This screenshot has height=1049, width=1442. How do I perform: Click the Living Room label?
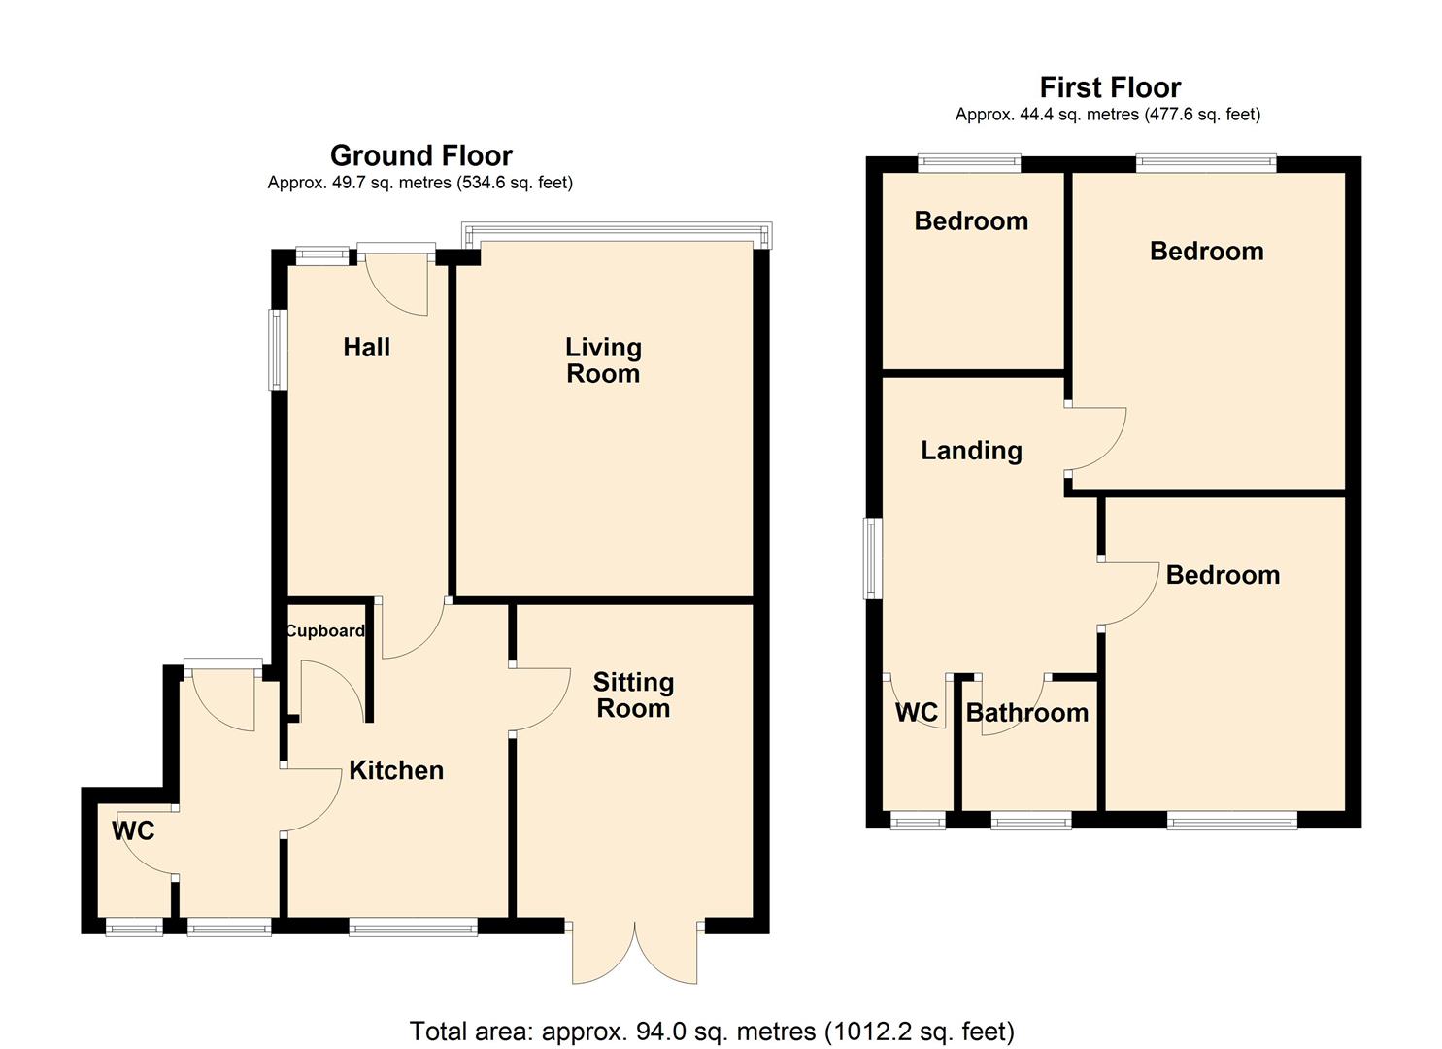click(x=603, y=360)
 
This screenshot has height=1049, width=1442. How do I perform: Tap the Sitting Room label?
click(x=633, y=695)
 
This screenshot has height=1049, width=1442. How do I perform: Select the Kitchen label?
click(x=396, y=770)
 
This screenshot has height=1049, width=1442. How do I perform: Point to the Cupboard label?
click(x=325, y=631)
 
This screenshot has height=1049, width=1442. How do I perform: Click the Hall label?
click(x=366, y=348)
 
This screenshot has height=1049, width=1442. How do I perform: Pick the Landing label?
click(x=971, y=451)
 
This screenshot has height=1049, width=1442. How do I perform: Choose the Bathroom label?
click(x=1027, y=713)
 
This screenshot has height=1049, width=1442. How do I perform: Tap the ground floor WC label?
click(x=133, y=831)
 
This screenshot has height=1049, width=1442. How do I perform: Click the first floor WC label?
click(x=917, y=713)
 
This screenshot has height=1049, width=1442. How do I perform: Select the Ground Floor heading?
click(x=421, y=155)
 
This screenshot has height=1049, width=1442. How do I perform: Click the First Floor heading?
click(x=1111, y=87)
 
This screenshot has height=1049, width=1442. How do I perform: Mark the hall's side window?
click(x=278, y=351)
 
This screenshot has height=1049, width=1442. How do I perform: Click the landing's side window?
click(x=873, y=558)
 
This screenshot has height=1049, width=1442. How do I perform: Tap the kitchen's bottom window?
click(x=414, y=928)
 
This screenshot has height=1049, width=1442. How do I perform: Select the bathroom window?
click(x=1031, y=820)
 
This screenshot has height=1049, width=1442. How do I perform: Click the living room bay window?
click(x=618, y=234)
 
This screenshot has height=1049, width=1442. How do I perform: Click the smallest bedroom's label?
click(x=971, y=221)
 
